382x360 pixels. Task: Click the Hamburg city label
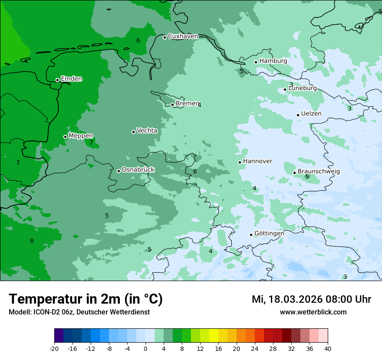click(273, 61)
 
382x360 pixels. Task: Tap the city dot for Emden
click(57, 80)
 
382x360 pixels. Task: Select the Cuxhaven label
click(183, 36)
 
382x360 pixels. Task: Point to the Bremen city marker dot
click(172, 105)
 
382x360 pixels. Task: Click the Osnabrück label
click(138, 170)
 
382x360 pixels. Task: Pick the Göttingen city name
click(269, 233)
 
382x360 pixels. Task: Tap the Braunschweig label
click(319, 172)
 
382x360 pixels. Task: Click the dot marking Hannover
click(240, 162)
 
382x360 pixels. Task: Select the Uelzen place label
click(311, 114)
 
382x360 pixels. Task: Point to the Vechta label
click(147, 131)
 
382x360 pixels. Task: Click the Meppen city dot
click(65, 137)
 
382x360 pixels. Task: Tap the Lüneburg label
click(303, 88)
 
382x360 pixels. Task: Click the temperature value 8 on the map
click(32, 241)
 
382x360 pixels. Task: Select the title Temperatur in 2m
click(86, 299)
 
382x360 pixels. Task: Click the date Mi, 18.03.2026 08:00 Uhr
click(311, 299)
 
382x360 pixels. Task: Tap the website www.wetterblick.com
click(313, 312)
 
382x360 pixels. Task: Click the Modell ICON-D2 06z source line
click(79, 312)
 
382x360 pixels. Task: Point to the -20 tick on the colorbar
click(54, 348)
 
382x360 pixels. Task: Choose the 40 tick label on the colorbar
click(328, 348)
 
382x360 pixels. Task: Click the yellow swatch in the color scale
click(214, 336)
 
